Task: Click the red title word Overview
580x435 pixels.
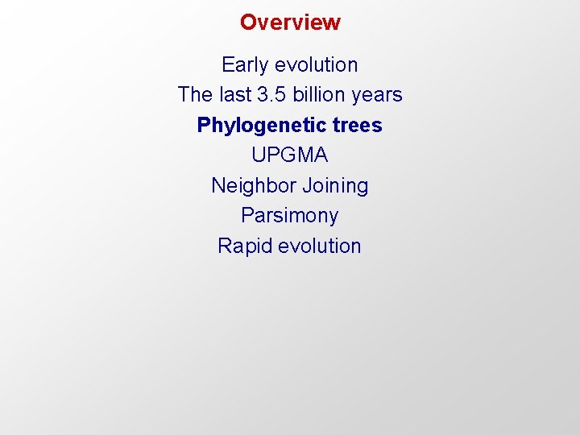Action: (290, 23)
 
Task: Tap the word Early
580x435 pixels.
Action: (246, 64)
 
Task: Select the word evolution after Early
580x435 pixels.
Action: (317, 64)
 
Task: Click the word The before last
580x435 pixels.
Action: (195, 95)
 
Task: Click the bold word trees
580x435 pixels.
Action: (357, 126)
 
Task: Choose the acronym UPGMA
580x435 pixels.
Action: (290, 155)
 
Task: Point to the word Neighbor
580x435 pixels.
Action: (253, 186)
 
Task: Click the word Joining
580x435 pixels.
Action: (334, 186)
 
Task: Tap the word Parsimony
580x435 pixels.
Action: (290, 216)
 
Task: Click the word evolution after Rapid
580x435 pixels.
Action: (320, 246)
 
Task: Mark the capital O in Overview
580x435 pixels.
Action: (248, 23)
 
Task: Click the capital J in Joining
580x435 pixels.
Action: (306, 186)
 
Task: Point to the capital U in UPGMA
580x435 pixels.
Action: (258, 155)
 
